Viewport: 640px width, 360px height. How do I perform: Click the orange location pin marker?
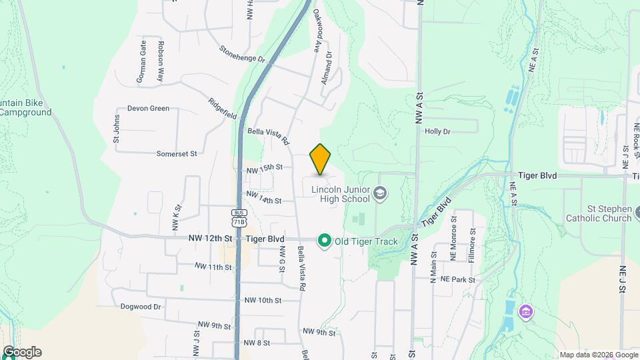(321, 159)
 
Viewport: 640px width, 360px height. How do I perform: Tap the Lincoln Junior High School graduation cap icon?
(380, 193)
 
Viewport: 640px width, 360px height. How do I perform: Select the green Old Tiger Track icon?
(325, 241)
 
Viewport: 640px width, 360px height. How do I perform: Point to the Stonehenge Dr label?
(241, 54)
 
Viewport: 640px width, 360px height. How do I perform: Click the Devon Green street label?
(148, 108)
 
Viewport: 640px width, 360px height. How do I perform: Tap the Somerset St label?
(177, 153)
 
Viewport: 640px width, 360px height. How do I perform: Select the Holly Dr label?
(437, 131)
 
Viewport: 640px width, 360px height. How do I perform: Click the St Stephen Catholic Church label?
(598, 213)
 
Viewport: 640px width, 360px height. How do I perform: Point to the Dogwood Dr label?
(141, 307)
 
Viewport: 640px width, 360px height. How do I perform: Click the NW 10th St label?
(263, 301)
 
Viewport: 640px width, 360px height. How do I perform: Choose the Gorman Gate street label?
(142, 61)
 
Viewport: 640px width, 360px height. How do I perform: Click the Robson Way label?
(161, 61)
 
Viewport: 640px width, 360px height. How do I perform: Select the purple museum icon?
(526, 311)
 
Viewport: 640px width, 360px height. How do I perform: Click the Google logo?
(22, 352)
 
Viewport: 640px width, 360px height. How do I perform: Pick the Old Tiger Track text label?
(366, 241)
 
